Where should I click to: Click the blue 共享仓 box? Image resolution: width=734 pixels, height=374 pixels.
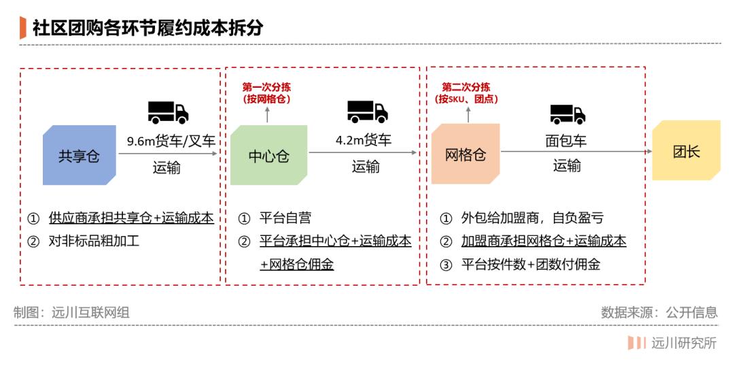click(79, 155)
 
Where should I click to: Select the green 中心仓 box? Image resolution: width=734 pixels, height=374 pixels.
click(268, 155)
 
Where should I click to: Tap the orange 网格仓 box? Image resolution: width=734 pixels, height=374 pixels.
click(466, 154)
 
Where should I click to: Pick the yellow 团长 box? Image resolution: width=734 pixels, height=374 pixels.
click(686, 150)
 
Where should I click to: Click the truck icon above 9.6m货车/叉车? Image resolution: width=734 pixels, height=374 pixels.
click(168, 112)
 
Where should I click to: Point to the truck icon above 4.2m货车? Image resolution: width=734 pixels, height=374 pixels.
click(368, 112)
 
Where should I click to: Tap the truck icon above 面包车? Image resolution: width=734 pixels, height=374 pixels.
click(567, 114)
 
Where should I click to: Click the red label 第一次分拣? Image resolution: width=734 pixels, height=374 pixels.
click(266, 87)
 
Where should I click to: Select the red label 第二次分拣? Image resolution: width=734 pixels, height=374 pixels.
click(466, 87)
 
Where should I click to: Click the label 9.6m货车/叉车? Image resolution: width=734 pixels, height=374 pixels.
click(171, 141)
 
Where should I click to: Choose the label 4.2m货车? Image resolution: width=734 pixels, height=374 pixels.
click(363, 140)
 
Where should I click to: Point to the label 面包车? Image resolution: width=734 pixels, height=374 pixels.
click(565, 141)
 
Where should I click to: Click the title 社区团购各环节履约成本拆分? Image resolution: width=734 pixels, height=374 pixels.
click(147, 28)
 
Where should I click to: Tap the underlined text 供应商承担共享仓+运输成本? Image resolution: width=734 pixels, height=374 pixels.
click(132, 218)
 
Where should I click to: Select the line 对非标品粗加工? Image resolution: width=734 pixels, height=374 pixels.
click(94, 241)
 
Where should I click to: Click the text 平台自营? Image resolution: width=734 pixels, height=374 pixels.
click(285, 218)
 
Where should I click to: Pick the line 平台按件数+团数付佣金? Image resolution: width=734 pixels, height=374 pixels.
click(531, 265)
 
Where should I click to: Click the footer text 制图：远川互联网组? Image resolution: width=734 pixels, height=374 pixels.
click(71, 312)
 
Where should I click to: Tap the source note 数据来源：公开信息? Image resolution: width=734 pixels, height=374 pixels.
click(659, 312)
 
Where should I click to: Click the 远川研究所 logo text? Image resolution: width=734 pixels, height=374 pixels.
click(684, 343)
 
